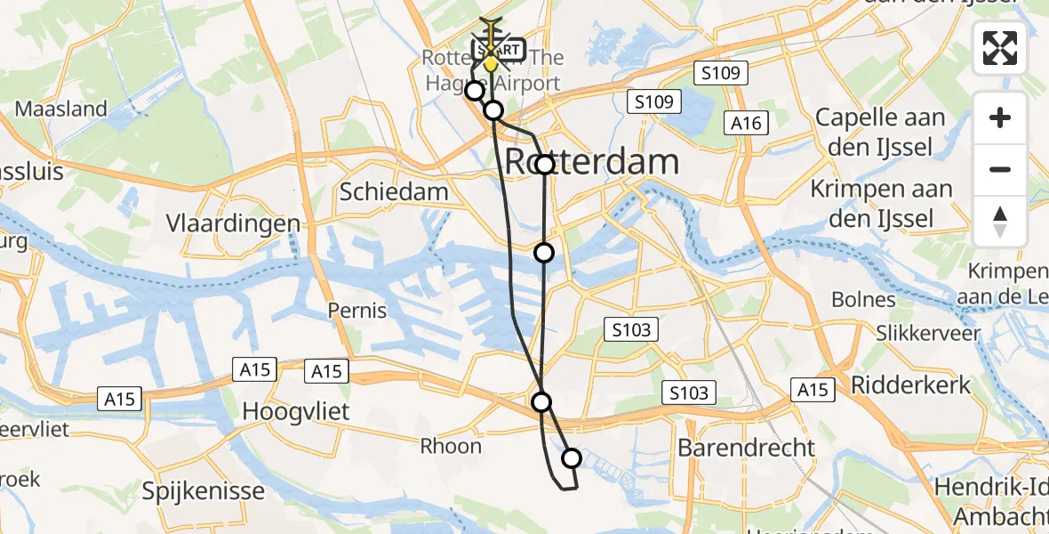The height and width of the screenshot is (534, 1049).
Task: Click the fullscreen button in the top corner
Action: [x=1000, y=48]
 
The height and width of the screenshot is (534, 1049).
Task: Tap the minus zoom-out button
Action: [x=1000, y=169]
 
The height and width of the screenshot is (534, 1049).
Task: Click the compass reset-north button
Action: [x=1000, y=222]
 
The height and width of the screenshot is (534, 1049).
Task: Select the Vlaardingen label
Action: [x=233, y=223]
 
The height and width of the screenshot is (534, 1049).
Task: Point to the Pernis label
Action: [x=356, y=311]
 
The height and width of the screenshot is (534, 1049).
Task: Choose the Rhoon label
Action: [x=451, y=446]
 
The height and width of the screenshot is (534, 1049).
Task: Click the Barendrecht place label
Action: [x=746, y=447]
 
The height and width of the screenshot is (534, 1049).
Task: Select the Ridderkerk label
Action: [x=911, y=384]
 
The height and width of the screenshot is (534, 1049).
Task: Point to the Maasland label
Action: [x=61, y=109]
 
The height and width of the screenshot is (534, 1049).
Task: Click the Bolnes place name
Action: [x=863, y=300]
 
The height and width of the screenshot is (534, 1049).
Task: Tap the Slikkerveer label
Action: [x=927, y=334]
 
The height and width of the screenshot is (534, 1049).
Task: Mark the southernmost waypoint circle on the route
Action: [x=572, y=458]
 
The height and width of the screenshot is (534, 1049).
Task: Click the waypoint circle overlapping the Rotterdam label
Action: [x=545, y=165]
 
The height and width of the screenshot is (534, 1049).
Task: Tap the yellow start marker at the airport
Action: [x=490, y=63]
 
